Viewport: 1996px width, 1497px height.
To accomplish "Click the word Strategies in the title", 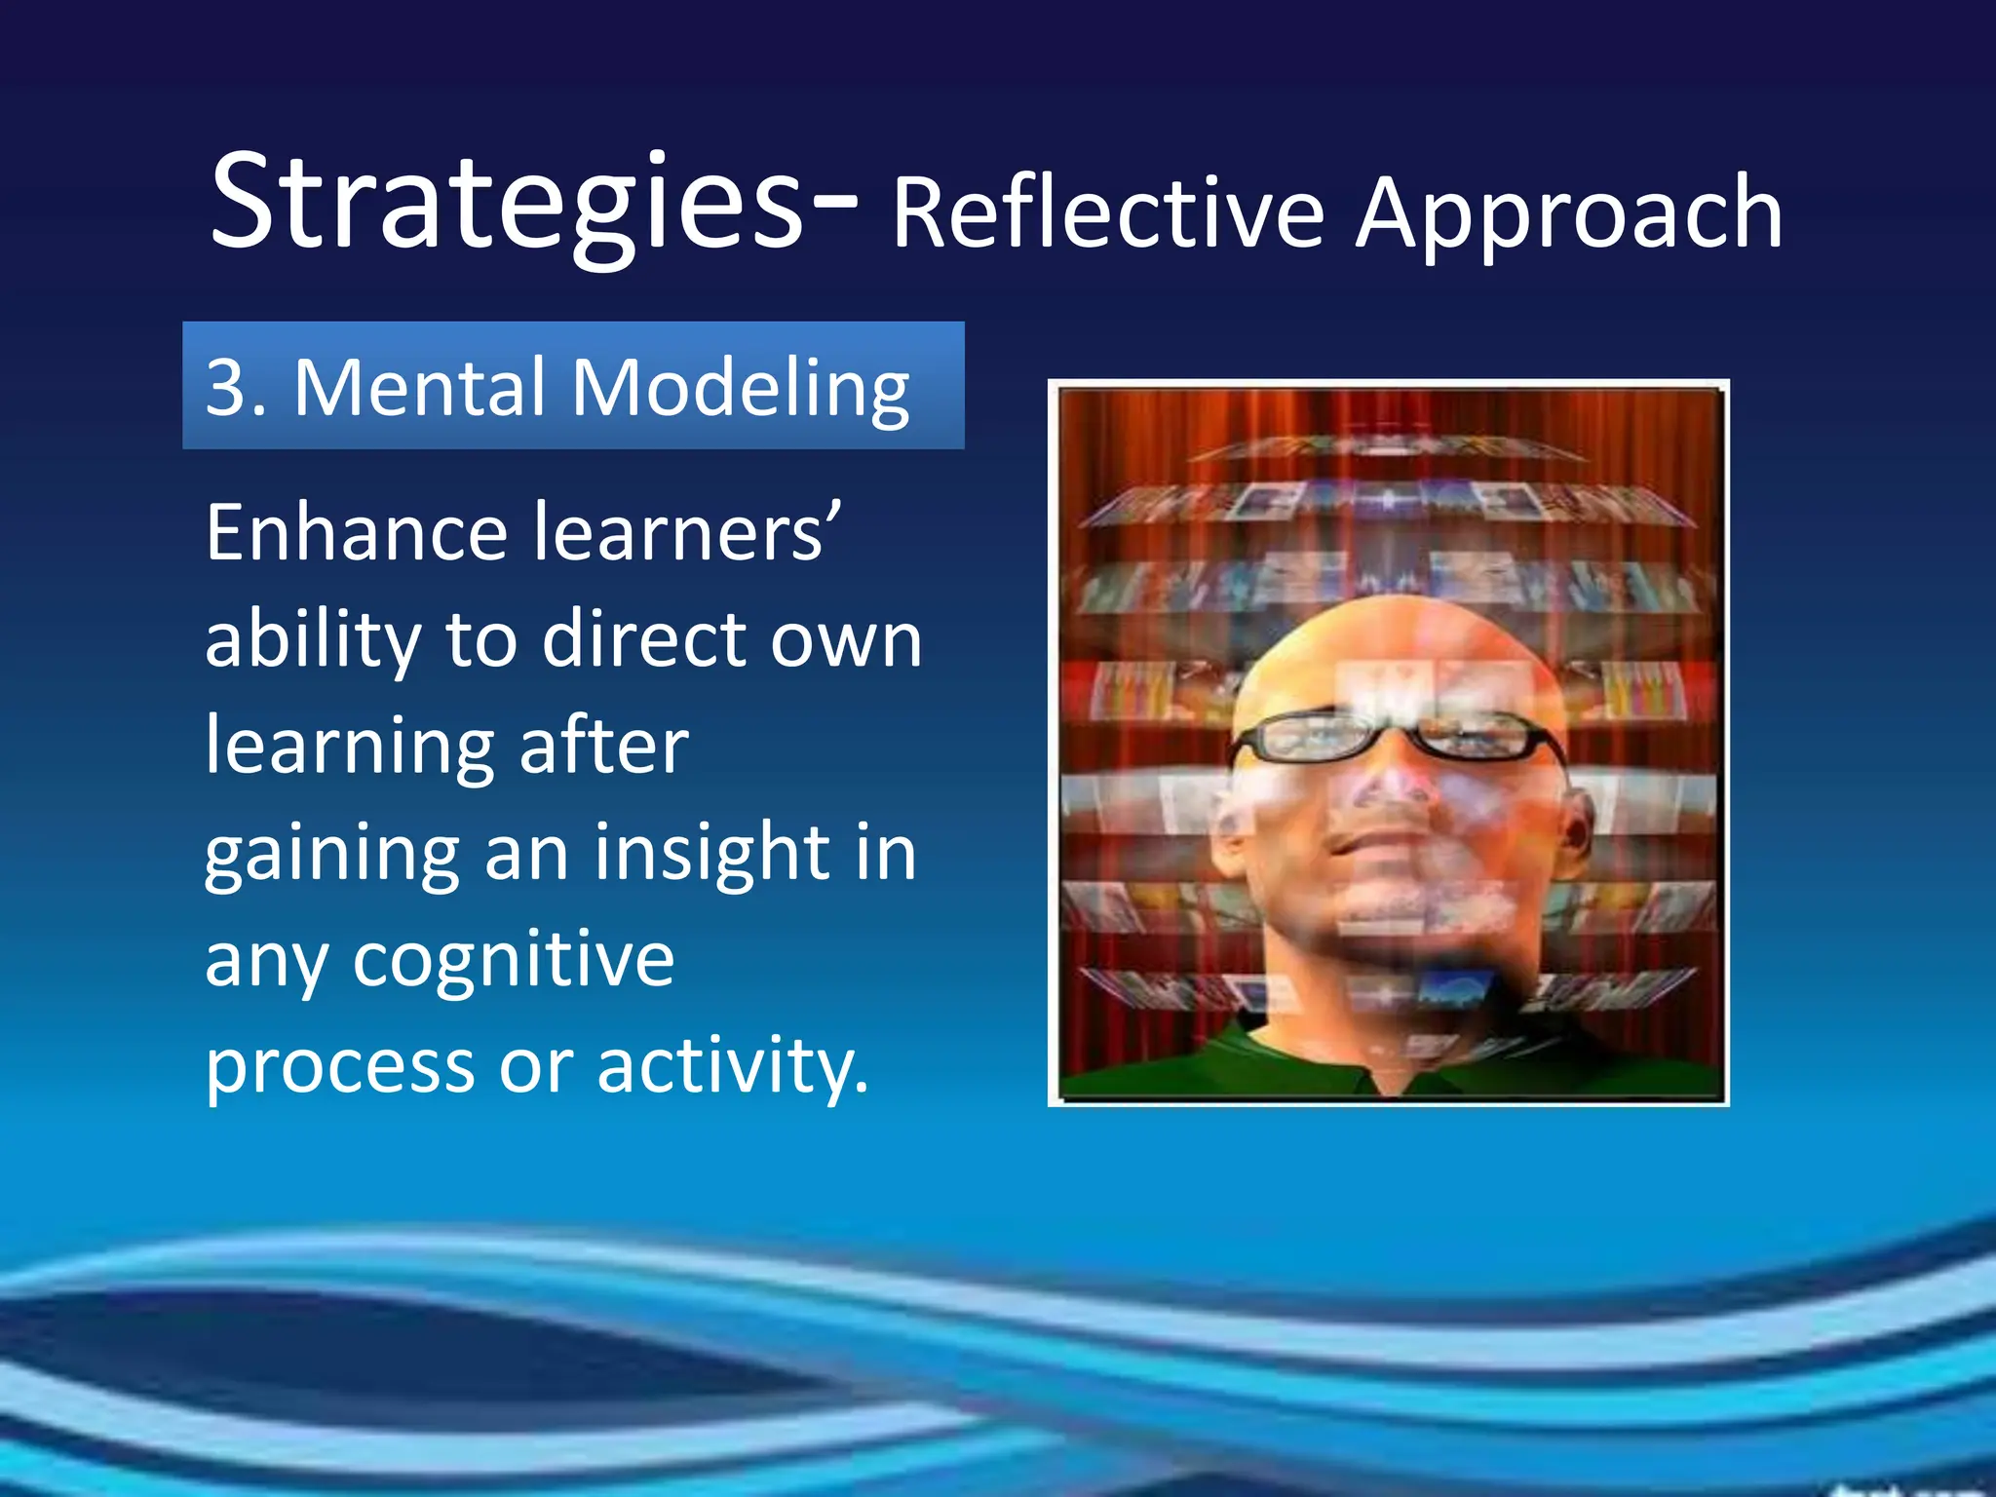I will [x=507, y=205].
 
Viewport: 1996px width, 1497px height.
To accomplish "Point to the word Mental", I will [x=419, y=387].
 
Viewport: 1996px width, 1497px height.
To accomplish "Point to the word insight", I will [x=712, y=853].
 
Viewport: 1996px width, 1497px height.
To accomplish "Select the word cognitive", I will [x=513, y=960].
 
